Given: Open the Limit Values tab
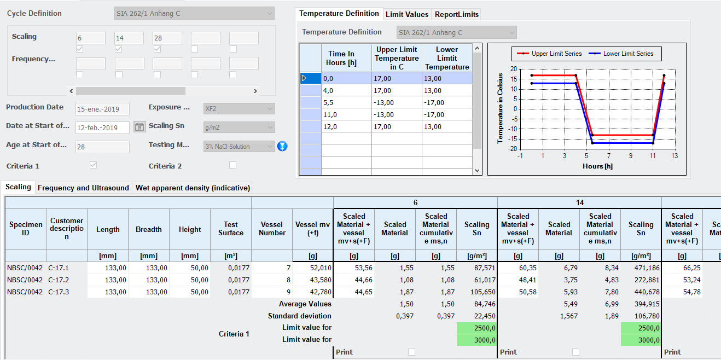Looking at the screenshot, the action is coord(407,14).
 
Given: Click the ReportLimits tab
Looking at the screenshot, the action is coord(456,14).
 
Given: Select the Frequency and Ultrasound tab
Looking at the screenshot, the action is coord(83,188).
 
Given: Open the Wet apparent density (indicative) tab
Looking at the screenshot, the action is coord(193,188).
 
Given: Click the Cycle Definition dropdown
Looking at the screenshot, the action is coord(194,14).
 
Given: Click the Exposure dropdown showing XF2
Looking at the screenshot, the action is coord(239,109).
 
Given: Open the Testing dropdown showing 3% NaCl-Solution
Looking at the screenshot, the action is coord(239,147).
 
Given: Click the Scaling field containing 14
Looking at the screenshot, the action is coord(129,38).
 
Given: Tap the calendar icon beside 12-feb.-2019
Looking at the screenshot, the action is coord(139,127).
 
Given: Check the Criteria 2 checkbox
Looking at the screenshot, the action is coord(232,165).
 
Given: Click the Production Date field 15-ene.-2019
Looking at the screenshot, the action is coord(102,109).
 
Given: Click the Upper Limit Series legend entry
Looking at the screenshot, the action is coord(549,54).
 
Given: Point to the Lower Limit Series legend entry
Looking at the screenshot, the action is coord(621,54).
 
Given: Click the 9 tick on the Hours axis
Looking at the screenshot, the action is coord(631,156).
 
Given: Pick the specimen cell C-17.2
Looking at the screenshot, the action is coord(58,280).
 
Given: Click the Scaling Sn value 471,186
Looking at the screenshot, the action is coord(647,268).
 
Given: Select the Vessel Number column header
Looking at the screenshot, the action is coord(272,229).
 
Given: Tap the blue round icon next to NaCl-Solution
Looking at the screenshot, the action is coord(282,146).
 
